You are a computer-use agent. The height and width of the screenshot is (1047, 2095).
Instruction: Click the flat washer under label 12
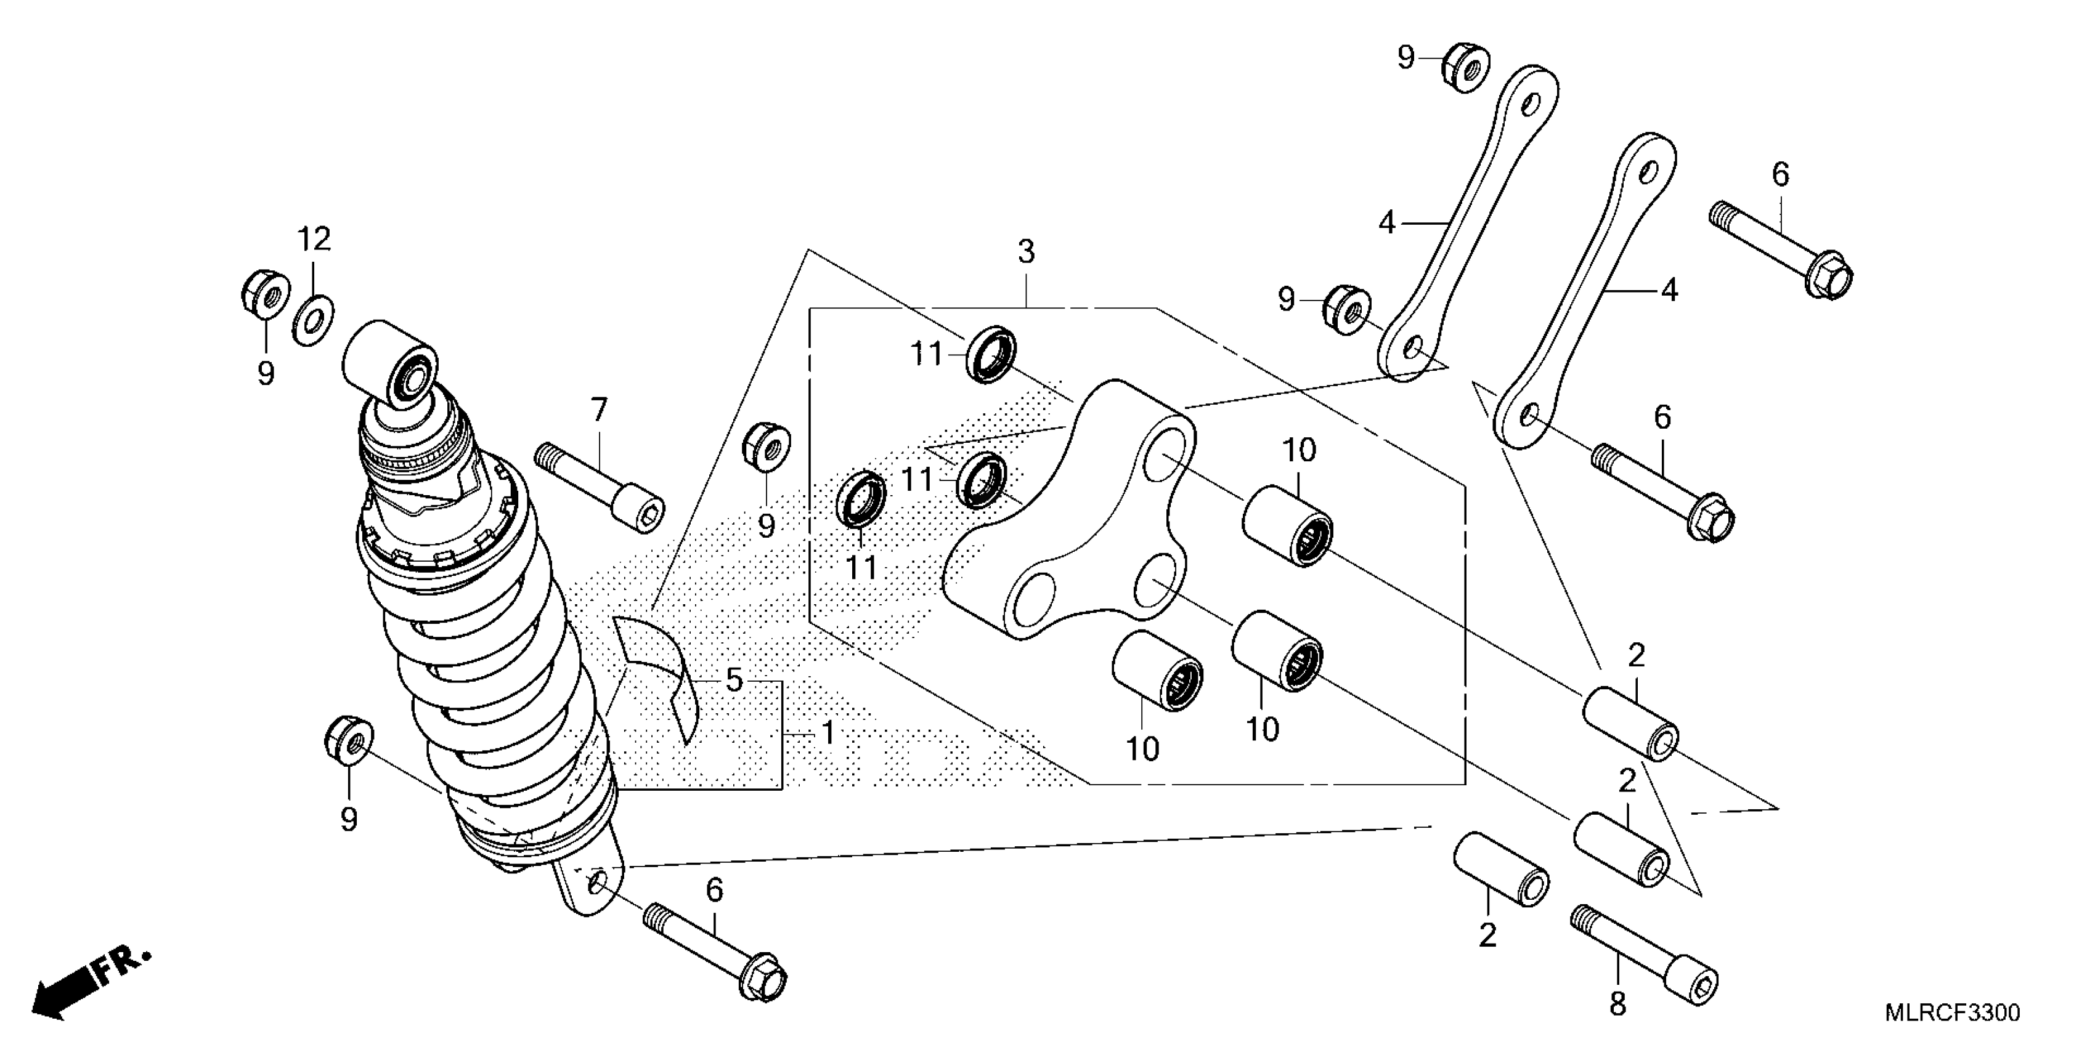pyautogui.click(x=313, y=320)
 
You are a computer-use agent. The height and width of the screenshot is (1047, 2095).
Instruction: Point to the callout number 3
pyautogui.click(x=1027, y=253)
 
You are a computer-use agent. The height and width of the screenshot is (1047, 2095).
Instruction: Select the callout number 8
pyautogui.click(x=1617, y=1005)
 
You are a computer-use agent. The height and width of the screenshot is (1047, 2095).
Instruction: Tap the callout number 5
pyautogui.click(x=734, y=679)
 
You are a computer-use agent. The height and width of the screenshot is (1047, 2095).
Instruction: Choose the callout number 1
pyautogui.click(x=828, y=734)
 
